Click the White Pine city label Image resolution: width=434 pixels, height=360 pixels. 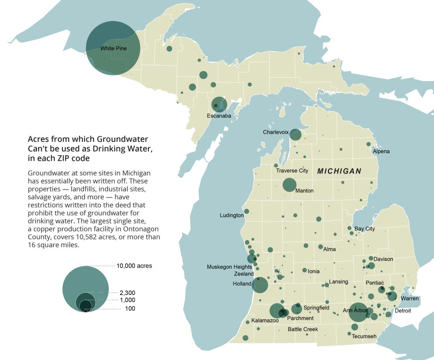click(x=113, y=49)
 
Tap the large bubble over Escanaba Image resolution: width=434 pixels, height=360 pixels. click(x=219, y=104)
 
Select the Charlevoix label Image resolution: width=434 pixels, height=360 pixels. click(x=276, y=132)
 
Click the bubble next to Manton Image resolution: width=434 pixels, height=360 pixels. click(x=289, y=185)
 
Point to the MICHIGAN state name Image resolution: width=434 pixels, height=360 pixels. click(x=339, y=171)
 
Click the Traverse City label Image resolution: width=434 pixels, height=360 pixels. click(x=292, y=171)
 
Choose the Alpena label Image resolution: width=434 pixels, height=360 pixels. click(x=381, y=151)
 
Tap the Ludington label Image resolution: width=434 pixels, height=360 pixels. click(x=232, y=215)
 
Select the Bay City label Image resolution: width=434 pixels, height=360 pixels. click(x=364, y=229)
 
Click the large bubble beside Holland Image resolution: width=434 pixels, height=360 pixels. click(x=260, y=285)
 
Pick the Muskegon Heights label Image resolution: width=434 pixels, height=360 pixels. click(x=229, y=267)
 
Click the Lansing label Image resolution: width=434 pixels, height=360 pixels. click(x=338, y=282)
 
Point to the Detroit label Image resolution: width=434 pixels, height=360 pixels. click(x=402, y=311)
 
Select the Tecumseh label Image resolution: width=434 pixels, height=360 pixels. click(x=364, y=336)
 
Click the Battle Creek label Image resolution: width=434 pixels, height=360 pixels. click(x=303, y=329)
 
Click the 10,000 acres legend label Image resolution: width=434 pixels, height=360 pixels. click(x=134, y=266)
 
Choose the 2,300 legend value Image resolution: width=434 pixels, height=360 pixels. click(x=127, y=292)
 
